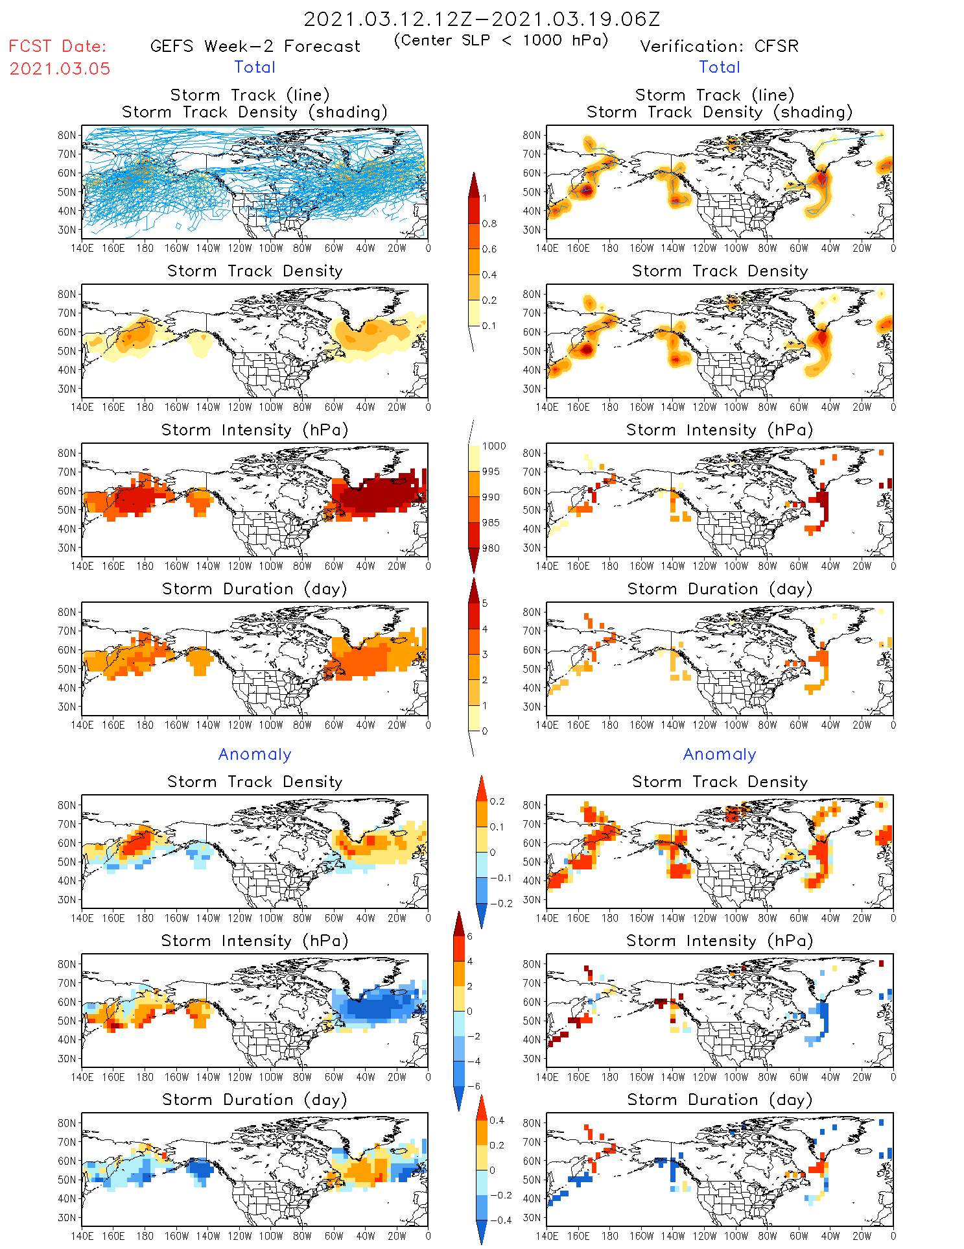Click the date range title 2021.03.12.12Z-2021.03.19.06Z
pos(482,19)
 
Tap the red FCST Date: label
pos(58,47)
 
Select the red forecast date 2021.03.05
pos(60,69)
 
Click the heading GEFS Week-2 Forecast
pos(255,47)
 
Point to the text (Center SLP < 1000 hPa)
pos(501,40)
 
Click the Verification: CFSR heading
pos(719,47)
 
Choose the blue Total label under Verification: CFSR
pos(719,67)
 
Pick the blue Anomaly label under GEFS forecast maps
pos(255,755)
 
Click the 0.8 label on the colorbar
pos(489,224)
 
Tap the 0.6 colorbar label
pos(489,249)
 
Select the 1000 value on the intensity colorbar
pos(493,446)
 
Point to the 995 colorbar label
pos(491,472)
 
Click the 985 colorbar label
pos(491,523)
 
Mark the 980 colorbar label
pos(491,548)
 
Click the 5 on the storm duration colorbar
pos(485,603)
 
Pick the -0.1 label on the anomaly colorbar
pos(500,878)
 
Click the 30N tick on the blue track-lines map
pos(67,230)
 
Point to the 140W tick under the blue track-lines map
pos(208,248)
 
